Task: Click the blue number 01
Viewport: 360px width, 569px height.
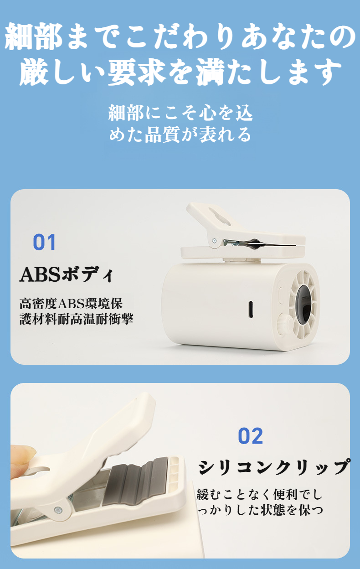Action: [x=44, y=242]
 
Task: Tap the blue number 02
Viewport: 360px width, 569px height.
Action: [x=250, y=436]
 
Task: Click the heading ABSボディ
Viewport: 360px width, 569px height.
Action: [x=66, y=275]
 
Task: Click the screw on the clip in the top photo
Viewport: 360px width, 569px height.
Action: [x=214, y=241]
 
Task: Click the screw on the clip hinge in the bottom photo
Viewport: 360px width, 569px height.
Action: [x=58, y=511]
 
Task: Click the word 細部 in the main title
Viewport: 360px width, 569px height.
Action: [x=33, y=38]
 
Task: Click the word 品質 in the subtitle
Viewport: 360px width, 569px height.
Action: [x=162, y=134]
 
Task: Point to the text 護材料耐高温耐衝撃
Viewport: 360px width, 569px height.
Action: [x=76, y=319]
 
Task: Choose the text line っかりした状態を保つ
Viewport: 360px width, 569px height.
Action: [x=260, y=509]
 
